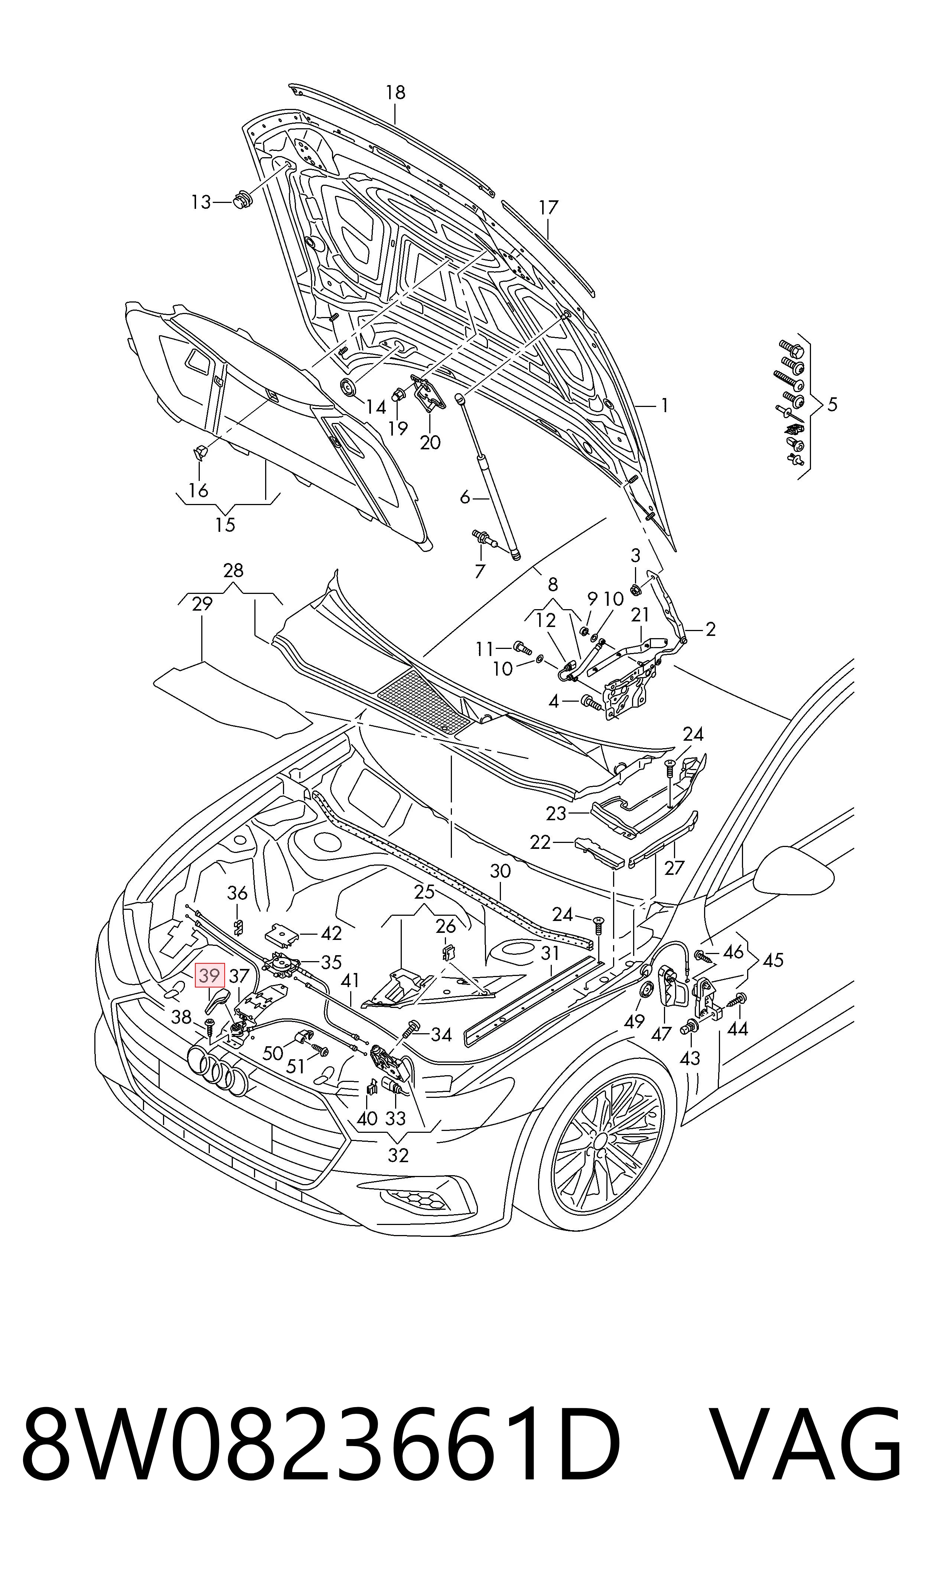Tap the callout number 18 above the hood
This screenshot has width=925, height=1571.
point(395,92)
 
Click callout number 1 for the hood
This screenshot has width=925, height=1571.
point(664,406)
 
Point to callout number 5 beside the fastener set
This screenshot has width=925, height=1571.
point(832,405)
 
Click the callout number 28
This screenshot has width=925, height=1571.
point(233,570)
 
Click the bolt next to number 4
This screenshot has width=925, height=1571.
point(591,703)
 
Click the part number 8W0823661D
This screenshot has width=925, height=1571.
point(320,1464)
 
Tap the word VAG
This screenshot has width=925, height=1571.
point(805,1464)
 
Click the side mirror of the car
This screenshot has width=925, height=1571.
point(794,870)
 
